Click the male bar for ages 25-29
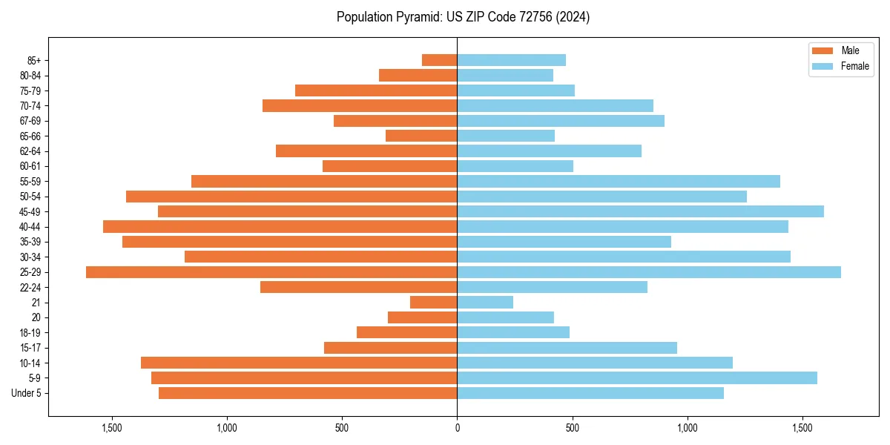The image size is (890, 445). click(x=271, y=272)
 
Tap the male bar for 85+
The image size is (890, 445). click(x=439, y=60)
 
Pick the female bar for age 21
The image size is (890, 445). click(x=485, y=303)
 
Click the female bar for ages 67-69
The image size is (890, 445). click(x=561, y=121)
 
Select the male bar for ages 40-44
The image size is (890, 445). click(x=280, y=227)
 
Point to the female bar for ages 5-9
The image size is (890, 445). click(x=637, y=378)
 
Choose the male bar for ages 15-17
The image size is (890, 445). click(x=390, y=348)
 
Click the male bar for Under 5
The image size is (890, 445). click(x=308, y=393)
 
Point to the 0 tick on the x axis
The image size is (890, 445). click(x=457, y=428)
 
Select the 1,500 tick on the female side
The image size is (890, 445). click(x=802, y=428)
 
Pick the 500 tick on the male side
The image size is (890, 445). click(x=342, y=428)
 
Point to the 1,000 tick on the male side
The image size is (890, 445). click(x=227, y=428)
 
